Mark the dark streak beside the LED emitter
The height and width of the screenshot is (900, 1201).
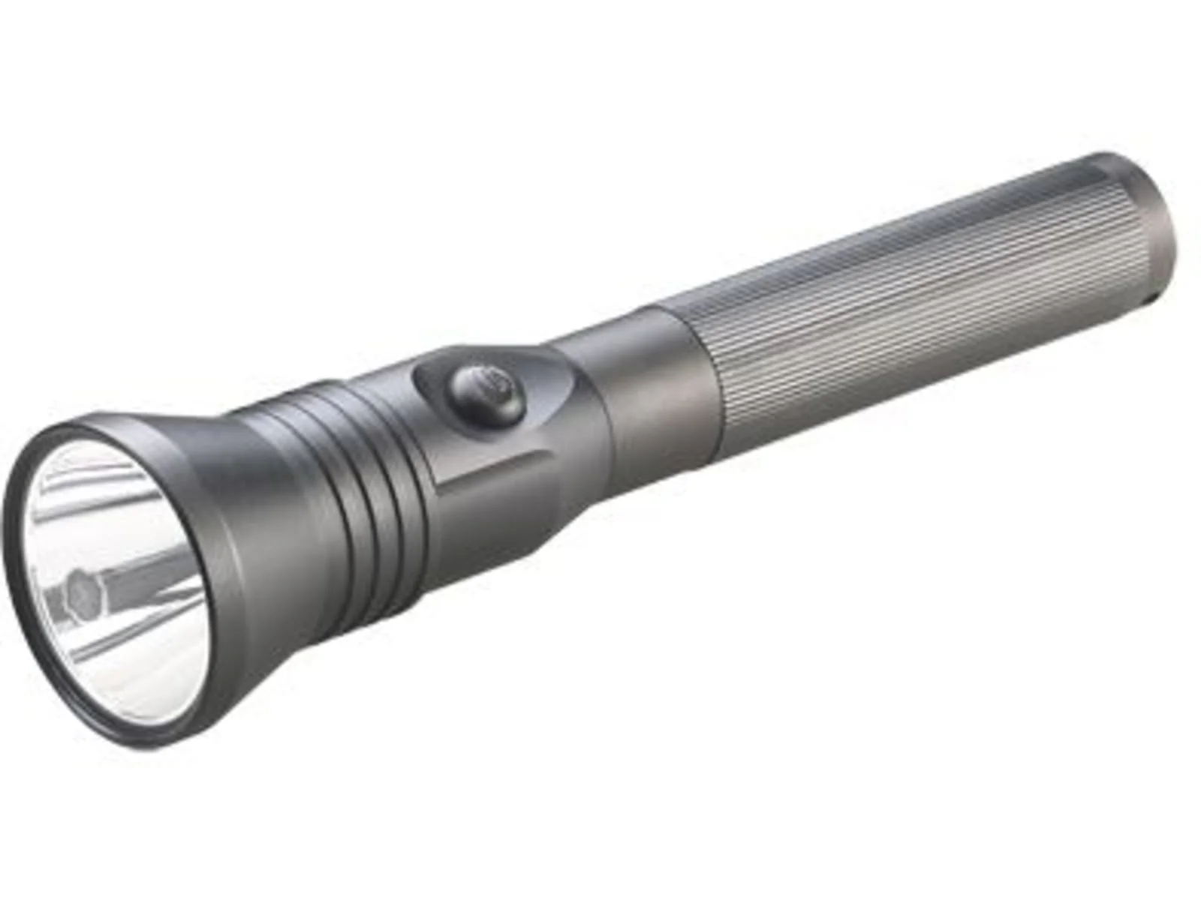pyautogui.click(x=135, y=574)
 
